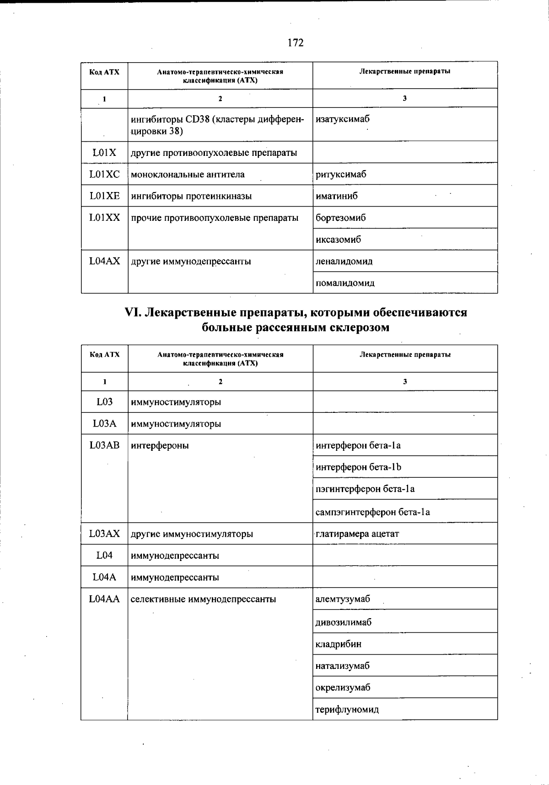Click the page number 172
click(x=296, y=43)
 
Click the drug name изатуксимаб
click(x=343, y=119)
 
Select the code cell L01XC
click(x=104, y=174)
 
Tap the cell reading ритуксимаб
click(x=341, y=174)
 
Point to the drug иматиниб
click(x=337, y=196)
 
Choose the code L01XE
click(x=104, y=196)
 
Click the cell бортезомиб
click(x=341, y=218)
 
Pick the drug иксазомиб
click(x=339, y=240)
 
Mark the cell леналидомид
click(x=344, y=262)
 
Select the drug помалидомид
click(x=345, y=283)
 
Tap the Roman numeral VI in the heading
click(x=133, y=313)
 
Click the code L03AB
click(x=104, y=445)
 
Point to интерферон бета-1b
click(x=358, y=467)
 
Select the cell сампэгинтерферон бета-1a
click(x=373, y=512)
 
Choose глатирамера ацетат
click(x=357, y=534)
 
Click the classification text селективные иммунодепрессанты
click(x=203, y=599)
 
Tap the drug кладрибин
click(x=339, y=644)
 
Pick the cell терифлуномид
click(x=347, y=710)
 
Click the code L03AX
click(x=104, y=534)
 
